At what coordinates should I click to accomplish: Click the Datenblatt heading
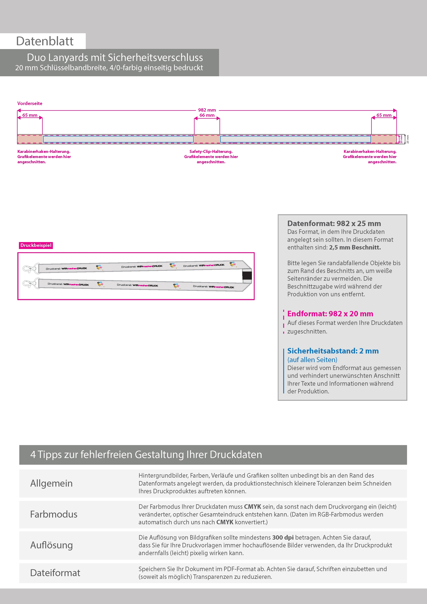click(x=45, y=41)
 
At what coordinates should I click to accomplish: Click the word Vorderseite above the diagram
click(x=30, y=103)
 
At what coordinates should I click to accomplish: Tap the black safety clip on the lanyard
click(x=247, y=275)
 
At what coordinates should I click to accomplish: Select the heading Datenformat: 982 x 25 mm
click(x=334, y=223)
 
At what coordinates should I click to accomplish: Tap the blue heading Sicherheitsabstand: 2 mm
click(x=333, y=351)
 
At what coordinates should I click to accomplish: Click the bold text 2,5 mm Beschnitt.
click(x=355, y=247)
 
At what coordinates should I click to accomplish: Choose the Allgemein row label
click(x=51, y=483)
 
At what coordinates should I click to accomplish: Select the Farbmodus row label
click(x=54, y=514)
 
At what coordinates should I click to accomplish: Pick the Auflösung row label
click(x=51, y=545)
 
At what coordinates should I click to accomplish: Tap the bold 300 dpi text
click(x=283, y=537)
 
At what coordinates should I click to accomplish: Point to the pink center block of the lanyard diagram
click(x=207, y=139)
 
